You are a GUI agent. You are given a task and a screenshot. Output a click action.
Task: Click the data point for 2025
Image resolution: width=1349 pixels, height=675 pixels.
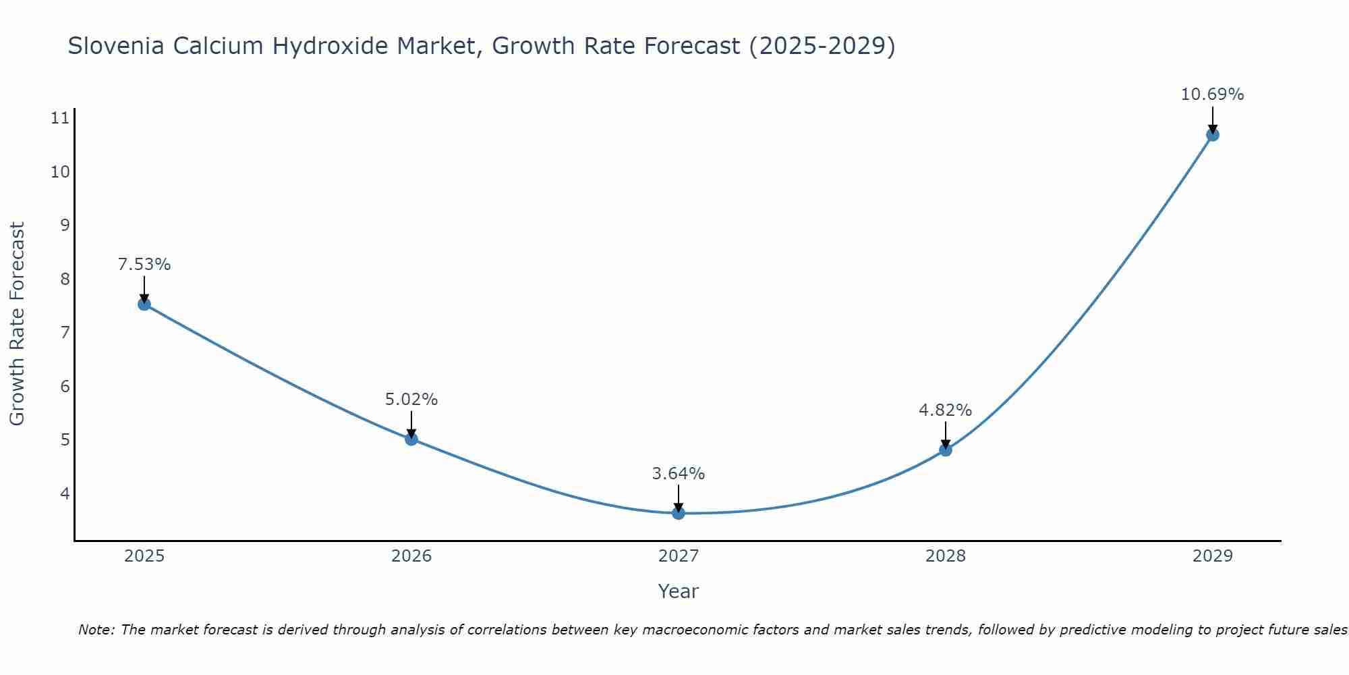[x=144, y=304]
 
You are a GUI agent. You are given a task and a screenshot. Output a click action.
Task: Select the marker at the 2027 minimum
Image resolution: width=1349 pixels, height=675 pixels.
[x=679, y=513]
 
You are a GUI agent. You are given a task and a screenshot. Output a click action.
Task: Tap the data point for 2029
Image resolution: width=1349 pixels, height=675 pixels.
[x=1212, y=135]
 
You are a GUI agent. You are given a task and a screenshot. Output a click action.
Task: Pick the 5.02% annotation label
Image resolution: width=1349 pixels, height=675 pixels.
[x=411, y=400]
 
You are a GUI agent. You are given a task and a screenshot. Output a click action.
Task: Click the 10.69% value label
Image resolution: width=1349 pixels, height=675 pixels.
[x=1212, y=94]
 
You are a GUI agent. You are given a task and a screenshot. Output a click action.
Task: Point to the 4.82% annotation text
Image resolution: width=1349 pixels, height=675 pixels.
[x=945, y=410]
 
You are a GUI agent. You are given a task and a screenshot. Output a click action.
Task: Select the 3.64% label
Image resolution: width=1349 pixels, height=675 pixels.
[x=679, y=474]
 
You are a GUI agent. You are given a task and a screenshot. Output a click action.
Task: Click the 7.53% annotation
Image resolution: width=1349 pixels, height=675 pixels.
[x=144, y=265]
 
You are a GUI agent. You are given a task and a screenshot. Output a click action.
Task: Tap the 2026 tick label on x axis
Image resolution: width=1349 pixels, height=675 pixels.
[x=411, y=556]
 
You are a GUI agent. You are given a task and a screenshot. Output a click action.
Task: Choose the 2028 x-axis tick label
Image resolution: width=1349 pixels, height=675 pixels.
[x=945, y=556]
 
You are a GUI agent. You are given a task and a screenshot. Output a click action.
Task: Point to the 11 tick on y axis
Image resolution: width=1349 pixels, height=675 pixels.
[x=60, y=119]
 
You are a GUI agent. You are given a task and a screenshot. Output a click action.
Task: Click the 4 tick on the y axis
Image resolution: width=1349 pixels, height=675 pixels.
[x=65, y=493]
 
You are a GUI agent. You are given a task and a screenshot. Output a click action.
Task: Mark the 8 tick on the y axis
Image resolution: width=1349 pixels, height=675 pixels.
[x=65, y=279]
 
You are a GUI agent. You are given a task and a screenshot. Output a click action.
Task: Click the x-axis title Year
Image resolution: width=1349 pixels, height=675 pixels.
[x=678, y=591]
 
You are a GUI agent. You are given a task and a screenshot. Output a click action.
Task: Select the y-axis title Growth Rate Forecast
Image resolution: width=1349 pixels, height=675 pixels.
[x=18, y=323]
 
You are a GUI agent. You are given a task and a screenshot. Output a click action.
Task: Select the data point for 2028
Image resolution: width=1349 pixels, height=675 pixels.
[x=945, y=450]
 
